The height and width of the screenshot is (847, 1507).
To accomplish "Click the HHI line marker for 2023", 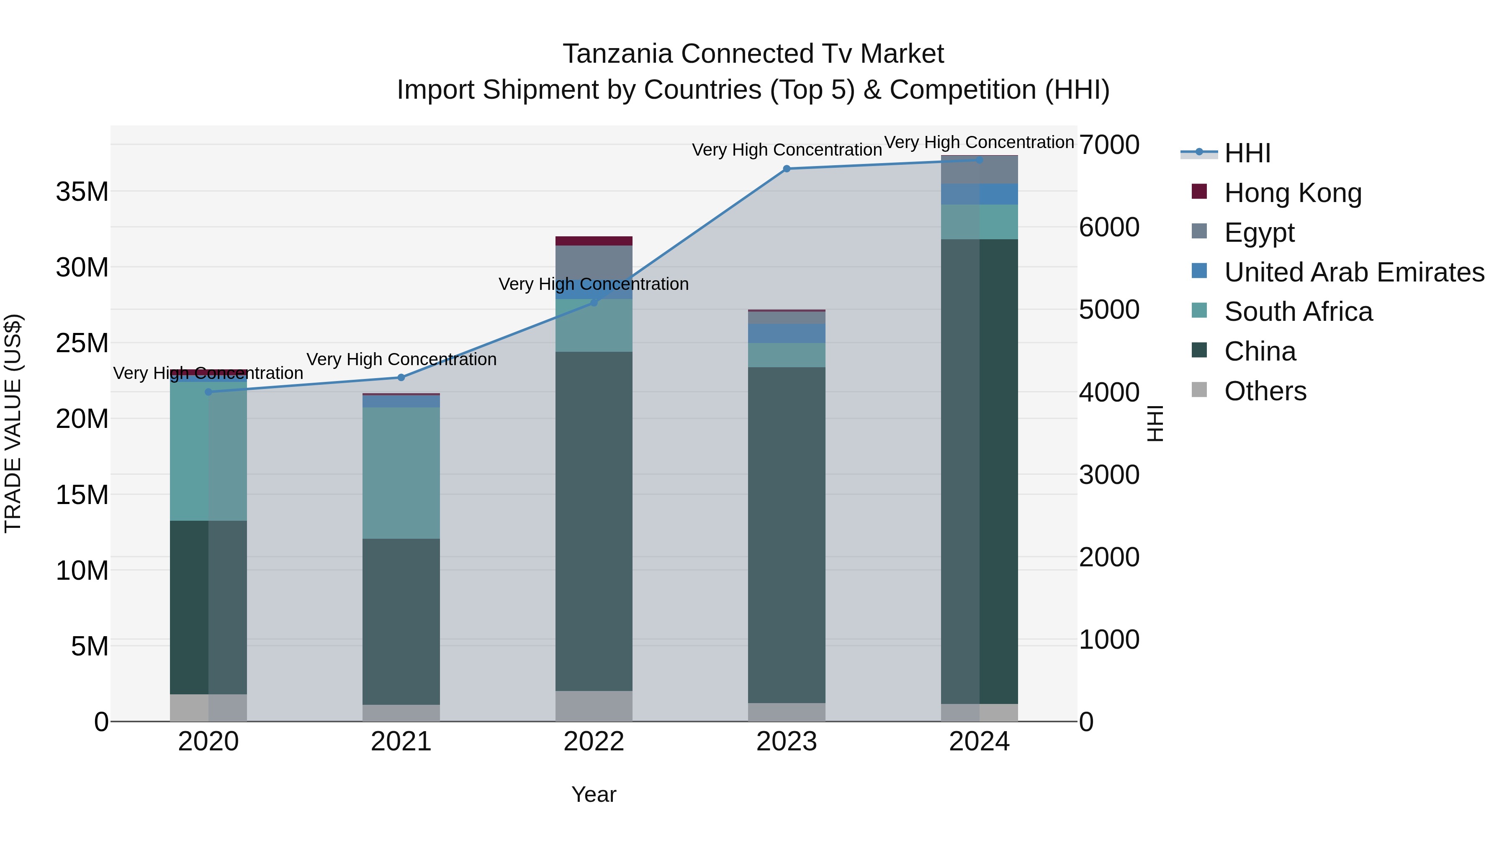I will pyautogui.click(x=786, y=169).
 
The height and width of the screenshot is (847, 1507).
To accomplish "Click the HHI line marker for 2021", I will pyautogui.click(x=401, y=378).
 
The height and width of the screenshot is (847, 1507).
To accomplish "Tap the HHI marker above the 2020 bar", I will pyautogui.click(x=208, y=392).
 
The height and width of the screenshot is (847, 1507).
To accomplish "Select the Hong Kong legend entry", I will pyautogui.click(x=1292, y=193).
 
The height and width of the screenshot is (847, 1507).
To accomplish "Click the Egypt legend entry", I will pyautogui.click(x=1259, y=233).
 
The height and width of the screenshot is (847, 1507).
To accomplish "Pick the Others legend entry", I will pyautogui.click(x=1265, y=391).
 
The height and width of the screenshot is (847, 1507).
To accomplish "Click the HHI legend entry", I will pyautogui.click(x=1247, y=153).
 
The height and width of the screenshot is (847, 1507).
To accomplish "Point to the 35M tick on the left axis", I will pyautogui.click(x=82, y=192).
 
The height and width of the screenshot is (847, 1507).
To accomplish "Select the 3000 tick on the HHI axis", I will pyautogui.click(x=1108, y=475).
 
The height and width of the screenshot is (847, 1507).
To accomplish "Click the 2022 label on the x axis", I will pyautogui.click(x=593, y=742).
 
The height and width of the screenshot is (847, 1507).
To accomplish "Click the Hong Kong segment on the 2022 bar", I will pyautogui.click(x=593, y=241).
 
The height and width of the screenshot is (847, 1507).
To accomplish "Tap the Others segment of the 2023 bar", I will pyautogui.click(x=786, y=712).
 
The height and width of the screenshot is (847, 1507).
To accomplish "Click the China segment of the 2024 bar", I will pyautogui.click(x=979, y=471).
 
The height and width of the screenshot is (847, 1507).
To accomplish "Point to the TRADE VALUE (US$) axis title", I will pyautogui.click(x=13, y=423).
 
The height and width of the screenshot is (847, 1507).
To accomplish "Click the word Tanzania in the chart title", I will pyautogui.click(x=617, y=54).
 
